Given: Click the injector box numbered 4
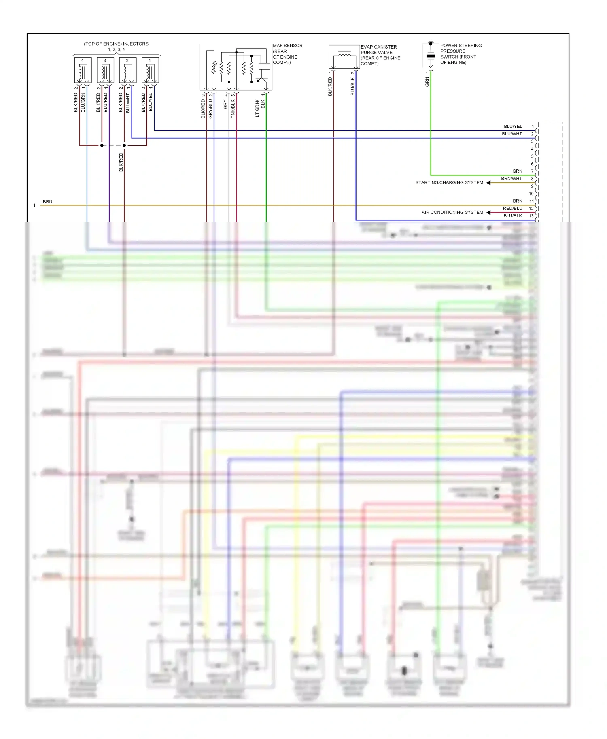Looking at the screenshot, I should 83,70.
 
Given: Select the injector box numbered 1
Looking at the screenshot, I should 150,70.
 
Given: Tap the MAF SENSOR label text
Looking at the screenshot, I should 287,46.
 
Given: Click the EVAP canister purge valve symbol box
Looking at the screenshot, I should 344,57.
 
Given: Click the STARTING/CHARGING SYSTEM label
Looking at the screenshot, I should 449,183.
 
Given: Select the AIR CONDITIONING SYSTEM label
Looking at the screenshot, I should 452,213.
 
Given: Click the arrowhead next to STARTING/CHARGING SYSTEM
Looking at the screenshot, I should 488,183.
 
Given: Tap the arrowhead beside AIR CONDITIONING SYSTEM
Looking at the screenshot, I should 488,213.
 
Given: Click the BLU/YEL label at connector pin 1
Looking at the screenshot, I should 513,127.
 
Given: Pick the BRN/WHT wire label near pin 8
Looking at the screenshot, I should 511,179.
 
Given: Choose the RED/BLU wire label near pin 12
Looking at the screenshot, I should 512,209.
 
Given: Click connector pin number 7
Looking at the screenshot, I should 532,171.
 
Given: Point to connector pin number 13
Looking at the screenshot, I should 531,216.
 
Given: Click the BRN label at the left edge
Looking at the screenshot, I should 47,202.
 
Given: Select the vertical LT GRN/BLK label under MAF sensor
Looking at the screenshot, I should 260,108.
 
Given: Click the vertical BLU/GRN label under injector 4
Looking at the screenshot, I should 83,103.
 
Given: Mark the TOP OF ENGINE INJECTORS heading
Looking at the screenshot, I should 116,44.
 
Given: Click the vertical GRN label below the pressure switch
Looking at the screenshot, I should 427,82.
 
